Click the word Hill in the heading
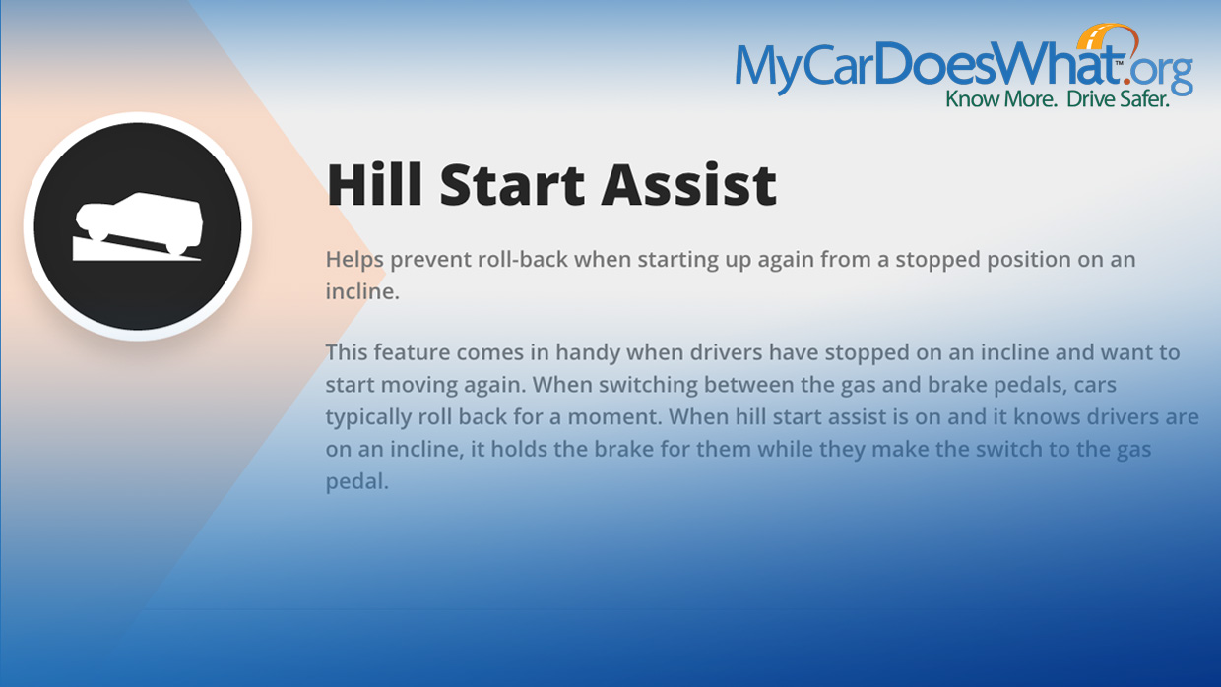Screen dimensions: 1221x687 click(x=374, y=185)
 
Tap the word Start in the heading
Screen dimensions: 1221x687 click(x=512, y=185)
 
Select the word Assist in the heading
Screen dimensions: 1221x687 click(x=689, y=185)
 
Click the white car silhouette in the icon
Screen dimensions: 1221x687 click(x=139, y=222)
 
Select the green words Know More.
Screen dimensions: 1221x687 click(x=1001, y=99)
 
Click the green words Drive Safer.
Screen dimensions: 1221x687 click(x=1118, y=99)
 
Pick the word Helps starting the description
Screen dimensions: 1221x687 click(x=354, y=260)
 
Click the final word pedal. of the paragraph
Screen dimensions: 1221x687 click(x=357, y=481)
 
